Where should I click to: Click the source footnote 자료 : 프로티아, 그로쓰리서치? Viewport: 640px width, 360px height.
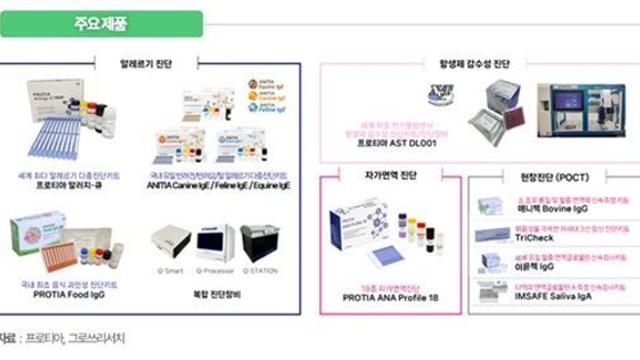62,340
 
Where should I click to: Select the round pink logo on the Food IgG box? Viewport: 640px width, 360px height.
36,229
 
